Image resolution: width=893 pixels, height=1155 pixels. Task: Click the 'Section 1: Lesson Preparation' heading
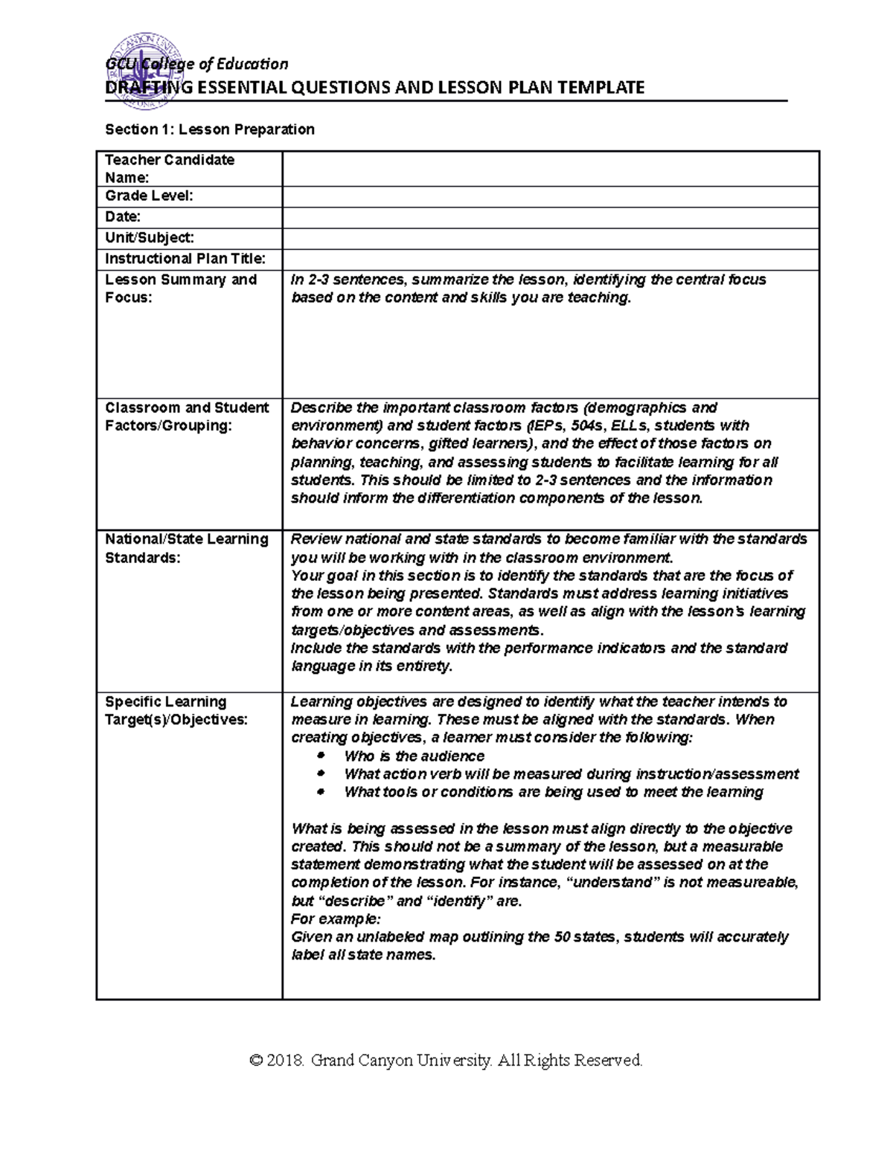point(209,129)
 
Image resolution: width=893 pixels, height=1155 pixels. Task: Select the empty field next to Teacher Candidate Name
point(550,169)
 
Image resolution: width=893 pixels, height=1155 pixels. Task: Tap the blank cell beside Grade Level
point(550,196)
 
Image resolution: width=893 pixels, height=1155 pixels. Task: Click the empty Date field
point(550,217)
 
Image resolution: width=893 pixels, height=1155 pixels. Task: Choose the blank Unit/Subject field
point(550,238)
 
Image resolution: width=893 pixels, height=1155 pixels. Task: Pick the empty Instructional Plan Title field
point(550,259)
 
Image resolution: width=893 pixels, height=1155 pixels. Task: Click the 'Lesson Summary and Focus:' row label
point(181,289)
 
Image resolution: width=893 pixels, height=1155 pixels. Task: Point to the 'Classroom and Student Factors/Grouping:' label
point(186,416)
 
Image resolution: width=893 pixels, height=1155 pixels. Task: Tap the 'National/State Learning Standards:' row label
point(186,548)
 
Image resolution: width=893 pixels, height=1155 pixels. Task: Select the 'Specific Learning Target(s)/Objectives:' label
point(176,710)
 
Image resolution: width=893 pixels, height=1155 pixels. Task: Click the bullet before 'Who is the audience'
point(321,756)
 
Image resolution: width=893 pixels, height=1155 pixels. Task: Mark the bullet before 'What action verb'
point(321,773)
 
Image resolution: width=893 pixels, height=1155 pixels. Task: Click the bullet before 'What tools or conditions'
point(321,792)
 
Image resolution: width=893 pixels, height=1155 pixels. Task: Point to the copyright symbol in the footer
point(257,1060)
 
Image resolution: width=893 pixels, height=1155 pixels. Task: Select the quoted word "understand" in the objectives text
point(609,883)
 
